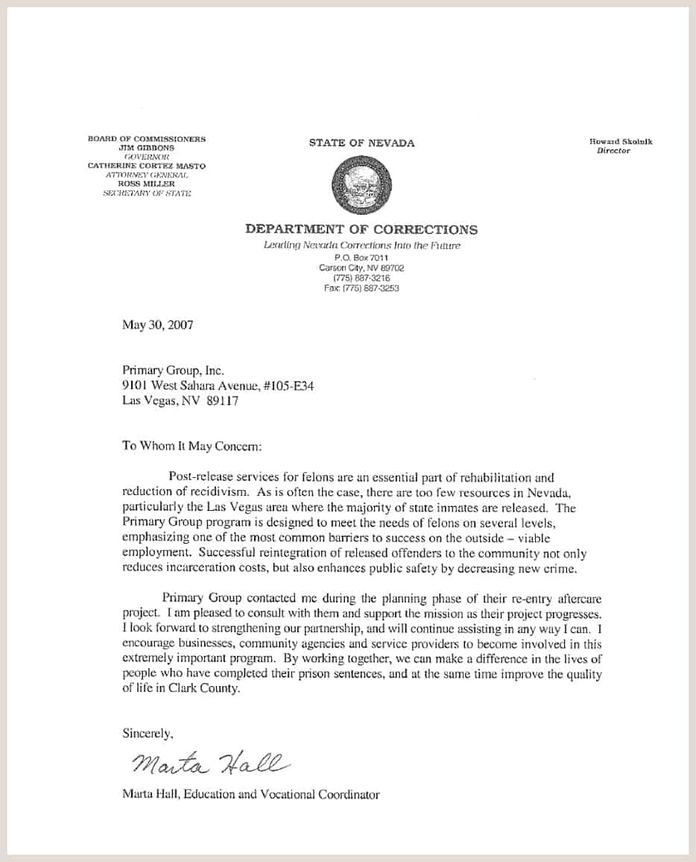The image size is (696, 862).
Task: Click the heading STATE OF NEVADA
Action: (361, 143)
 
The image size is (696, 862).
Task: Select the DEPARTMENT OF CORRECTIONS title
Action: (361, 230)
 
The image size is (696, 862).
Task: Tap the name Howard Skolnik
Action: (620, 142)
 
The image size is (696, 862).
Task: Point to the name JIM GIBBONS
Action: (146, 148)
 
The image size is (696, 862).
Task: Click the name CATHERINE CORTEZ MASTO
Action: (146, 166)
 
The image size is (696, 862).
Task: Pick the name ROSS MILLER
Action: (146, 183)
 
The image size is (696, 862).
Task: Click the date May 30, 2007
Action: (157, 325)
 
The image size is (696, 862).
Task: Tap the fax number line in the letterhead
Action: (361, 289)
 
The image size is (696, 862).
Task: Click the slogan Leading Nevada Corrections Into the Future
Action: (361, 245)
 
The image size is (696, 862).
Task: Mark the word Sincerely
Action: (148, 733)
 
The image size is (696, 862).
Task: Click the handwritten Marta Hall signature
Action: (208, 763)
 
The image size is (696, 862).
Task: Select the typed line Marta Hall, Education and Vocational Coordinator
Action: (250, 794)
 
